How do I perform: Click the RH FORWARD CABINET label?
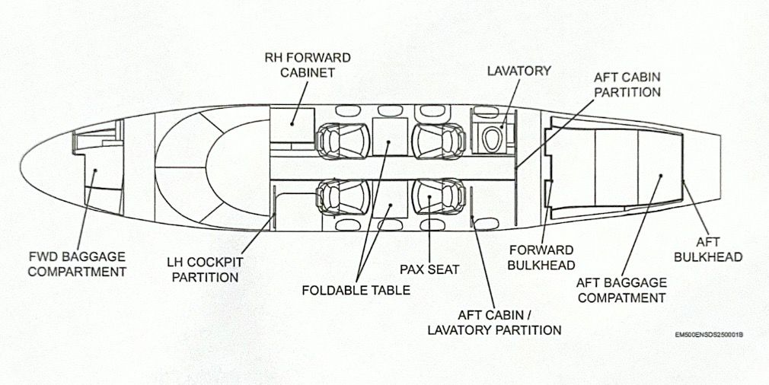pyautogui.click(x=308, y=65)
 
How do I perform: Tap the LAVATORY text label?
pyautogui.click(x=519, y=71)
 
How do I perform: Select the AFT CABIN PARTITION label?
pyautogui.click(x=627, y=84)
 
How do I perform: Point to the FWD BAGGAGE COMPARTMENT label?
pyautogui.click(x=77, y=264)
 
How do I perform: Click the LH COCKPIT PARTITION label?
pyautogui.click(x=205, y=269)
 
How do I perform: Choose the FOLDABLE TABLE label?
pyautogui.click(x=356, y=290)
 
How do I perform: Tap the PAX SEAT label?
pyautogui.click(x=429, y=269)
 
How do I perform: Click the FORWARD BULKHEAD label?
pyautogui.click(x=541, y=257)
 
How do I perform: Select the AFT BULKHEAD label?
pyautogui.click(x=707, y=250)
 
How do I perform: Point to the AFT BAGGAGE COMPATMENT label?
pyautogui.click(x=621, y=290)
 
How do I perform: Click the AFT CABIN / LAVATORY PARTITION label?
pyautogui.click(x=494, y=323)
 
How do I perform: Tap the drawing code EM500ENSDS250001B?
pyautogui.click(x=709, y=335)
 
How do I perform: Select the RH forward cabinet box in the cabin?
pyautogui.click(x=292, y=126)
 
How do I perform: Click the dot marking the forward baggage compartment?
pyautogui.click(x=96, y=170)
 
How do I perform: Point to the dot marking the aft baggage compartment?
pyautogui.click(x=661, y=175)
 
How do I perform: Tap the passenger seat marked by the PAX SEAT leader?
pyautogui.click(x=439, y=196)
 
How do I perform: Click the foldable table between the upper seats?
pyautogui.click(x=390, y=137)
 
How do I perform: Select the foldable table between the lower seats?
pyautogui.click(x=390, y=199)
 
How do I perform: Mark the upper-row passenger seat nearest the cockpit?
pyautogui.click(x=343, y=141)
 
